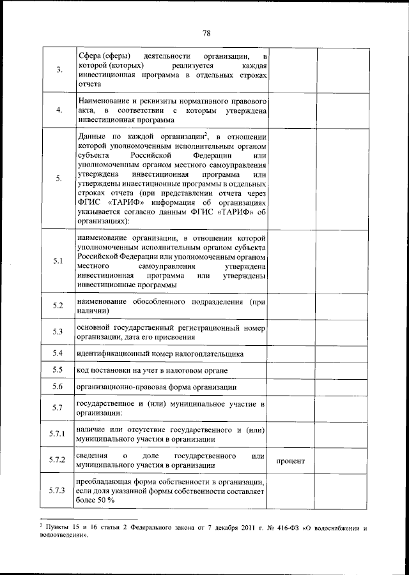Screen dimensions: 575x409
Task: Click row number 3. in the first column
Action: click(58, 70)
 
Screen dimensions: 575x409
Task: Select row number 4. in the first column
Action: click(58, 110)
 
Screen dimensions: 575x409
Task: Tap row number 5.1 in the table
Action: click(58, 260)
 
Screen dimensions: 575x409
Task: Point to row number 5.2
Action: click(58, 306)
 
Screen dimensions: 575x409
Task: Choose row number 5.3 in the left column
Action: click(58, 332)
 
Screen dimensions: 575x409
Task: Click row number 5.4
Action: click(58, 353)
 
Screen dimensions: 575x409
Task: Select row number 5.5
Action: click(58, 370)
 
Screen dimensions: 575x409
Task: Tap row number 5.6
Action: click(58, 387)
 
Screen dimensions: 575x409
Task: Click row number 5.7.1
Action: click(58, 434)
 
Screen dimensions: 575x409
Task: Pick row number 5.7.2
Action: click(58, 460)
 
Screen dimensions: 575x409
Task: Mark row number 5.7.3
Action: click(58, 489)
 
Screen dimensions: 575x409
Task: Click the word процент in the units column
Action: click(290, 461)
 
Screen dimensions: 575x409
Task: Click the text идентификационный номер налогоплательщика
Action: click(160, 354)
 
